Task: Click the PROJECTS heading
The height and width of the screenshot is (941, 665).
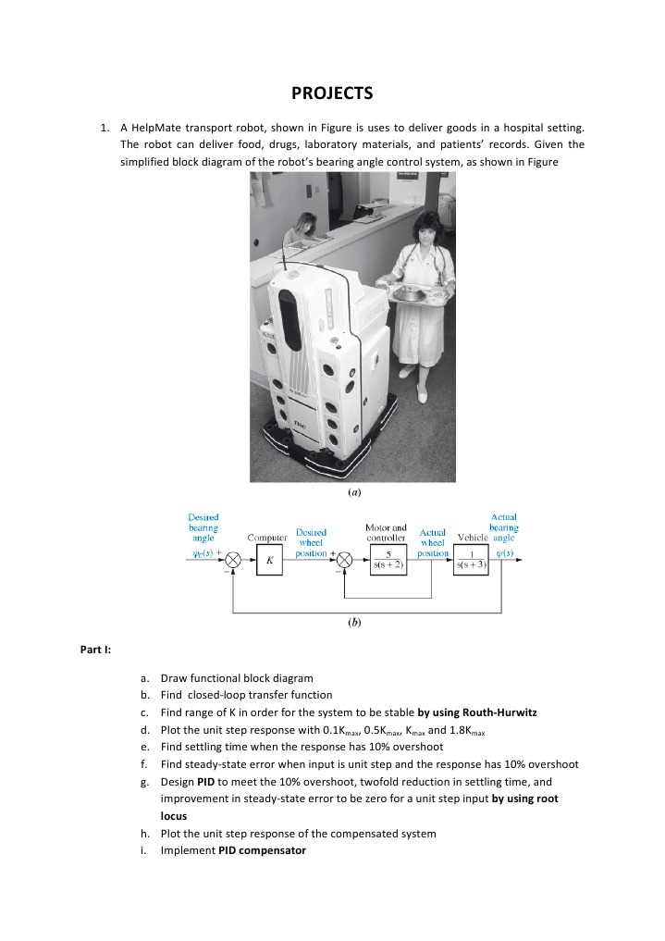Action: [x=332, y=93]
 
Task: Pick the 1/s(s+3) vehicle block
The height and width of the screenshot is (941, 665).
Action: [x=478, y=561]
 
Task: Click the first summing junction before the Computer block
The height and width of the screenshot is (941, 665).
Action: [x=234, y=561]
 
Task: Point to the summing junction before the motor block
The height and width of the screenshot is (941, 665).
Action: [x=344, y=561]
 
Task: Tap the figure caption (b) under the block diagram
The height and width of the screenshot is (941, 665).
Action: [x=352, y=624]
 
